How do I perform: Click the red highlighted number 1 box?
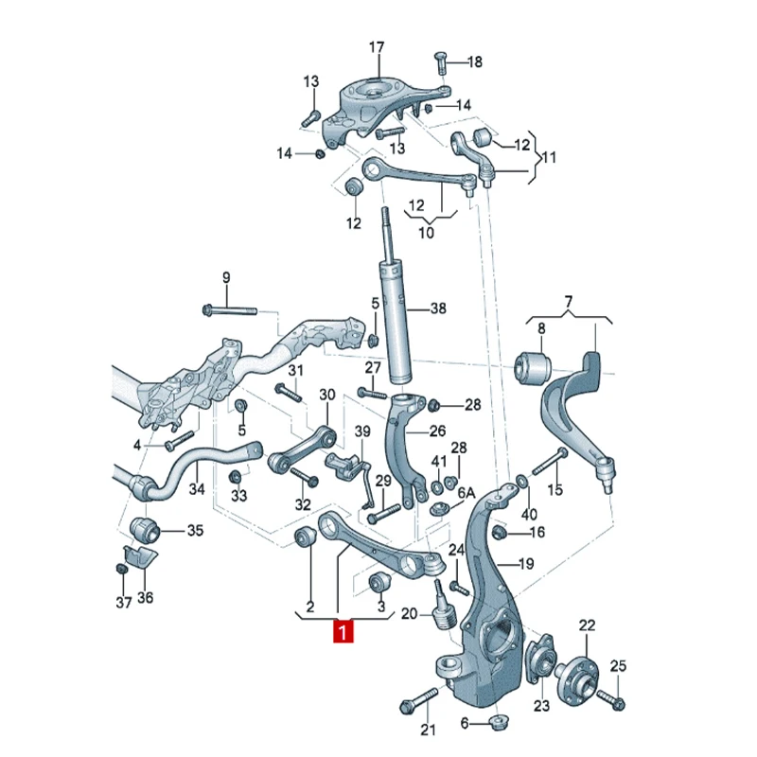(x=343, y=632)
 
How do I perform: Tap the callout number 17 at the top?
(x=377, y=47)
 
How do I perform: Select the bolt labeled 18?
(x=441, y=62)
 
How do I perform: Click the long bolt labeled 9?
(x=230, y=309)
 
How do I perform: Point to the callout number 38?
(x=438, y=308)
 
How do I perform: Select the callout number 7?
(x=569, y=302)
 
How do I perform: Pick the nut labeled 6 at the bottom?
(x=499, y=722)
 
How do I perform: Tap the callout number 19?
(x=525, y=563)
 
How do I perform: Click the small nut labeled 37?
(x=122, y=569)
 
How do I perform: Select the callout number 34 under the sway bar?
(x=197, y=489)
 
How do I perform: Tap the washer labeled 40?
(x=522, y=481)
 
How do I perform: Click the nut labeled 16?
(x=499, y=533)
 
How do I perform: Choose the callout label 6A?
(x=467, y=493)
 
